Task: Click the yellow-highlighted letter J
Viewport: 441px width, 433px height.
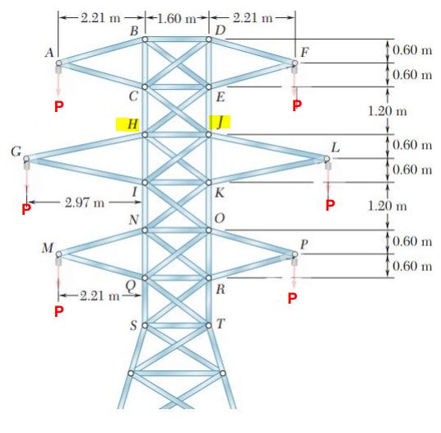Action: pos(220,122)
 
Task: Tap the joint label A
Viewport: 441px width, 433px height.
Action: pos(50,52)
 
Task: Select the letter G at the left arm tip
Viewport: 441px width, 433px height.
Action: pos(15,151)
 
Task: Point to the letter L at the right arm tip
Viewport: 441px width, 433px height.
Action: pos(334,147)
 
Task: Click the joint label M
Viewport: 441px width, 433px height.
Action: pos(48,248)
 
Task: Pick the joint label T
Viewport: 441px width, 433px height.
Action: pos(219,322)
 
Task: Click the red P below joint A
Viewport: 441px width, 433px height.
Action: pos(58,107)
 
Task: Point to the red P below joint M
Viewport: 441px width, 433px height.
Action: pos(58,311)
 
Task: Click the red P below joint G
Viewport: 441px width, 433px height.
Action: pos(26,209)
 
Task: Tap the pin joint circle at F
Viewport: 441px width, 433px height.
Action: pos(295,63)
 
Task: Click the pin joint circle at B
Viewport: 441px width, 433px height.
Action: pos(145,39)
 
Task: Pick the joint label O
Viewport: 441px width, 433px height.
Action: pos(219,218)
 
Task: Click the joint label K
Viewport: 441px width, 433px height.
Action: pos(219,193)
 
